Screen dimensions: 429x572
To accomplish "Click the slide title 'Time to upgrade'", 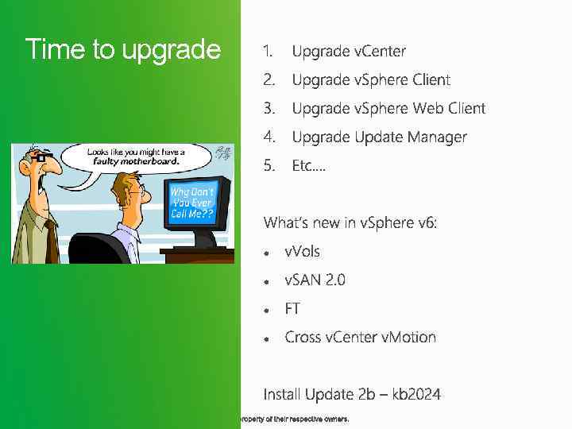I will click(x=122, y=49).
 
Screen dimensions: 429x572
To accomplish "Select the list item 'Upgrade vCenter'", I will click(x=349, y=52).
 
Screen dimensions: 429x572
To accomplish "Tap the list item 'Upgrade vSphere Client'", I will click(x=371, y=80).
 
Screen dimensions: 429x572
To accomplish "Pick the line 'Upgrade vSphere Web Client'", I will click(x=388, y=109).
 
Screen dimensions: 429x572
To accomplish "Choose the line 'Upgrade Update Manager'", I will click(x=380, y=137).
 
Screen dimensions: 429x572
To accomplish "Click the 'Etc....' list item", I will click(x=309, y=166).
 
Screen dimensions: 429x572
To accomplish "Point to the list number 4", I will click(x=269, y=137).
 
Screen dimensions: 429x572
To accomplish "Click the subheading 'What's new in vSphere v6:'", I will click(x=350, y=222).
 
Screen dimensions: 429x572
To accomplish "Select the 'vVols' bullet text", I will click(x=303, y=251).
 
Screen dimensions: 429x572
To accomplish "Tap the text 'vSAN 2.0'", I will click(x=315, y=280).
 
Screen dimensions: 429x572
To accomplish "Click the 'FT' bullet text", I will click(x=292, y=308).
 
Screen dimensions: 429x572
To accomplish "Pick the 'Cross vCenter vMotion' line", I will click(x=361, y=337).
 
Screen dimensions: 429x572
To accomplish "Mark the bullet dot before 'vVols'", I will click(x=269, y=252).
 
